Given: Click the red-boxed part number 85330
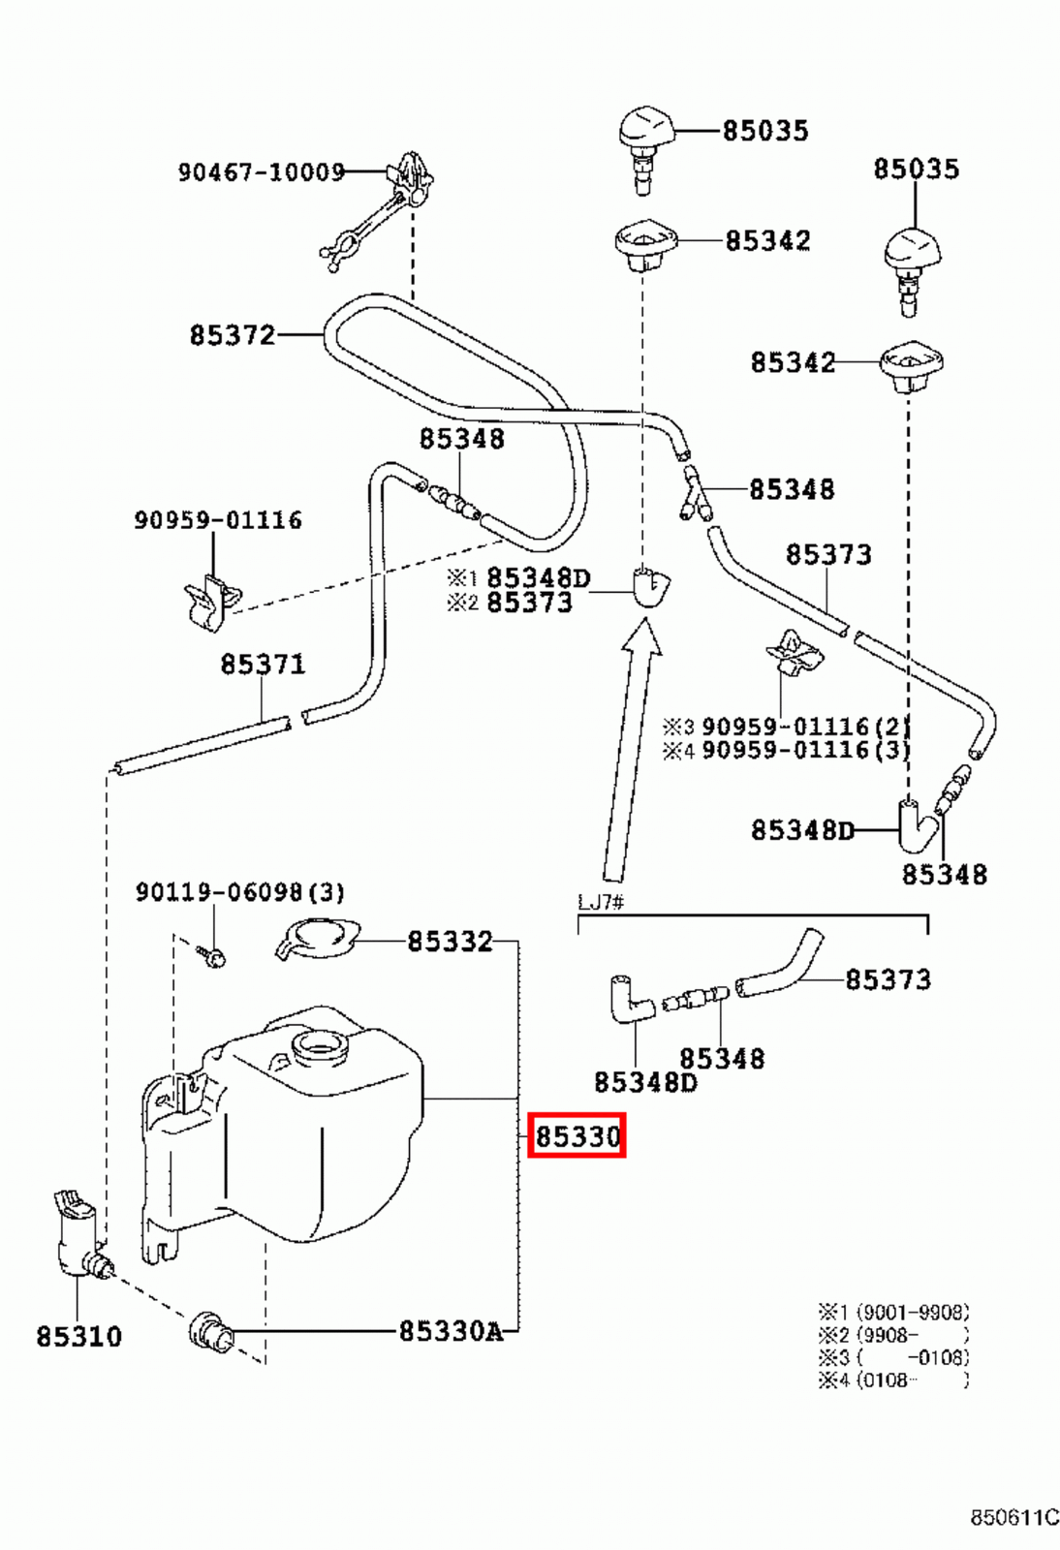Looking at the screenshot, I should pos(577,1135).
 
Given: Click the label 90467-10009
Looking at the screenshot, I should pos(261,172).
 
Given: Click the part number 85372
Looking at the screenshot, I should pos(233,335).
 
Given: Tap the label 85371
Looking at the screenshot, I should pos(263,665).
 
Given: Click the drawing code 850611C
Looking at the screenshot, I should pos(1014,1517).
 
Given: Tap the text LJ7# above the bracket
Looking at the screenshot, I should pos(601,902).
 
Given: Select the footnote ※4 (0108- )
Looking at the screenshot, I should pos(892,1380).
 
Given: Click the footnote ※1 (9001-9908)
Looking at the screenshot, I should pos(892,1313).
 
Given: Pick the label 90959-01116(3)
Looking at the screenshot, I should pos(804,750).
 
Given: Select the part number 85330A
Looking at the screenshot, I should pos(451,1331).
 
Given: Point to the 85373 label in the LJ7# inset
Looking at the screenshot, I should pos(888,979).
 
